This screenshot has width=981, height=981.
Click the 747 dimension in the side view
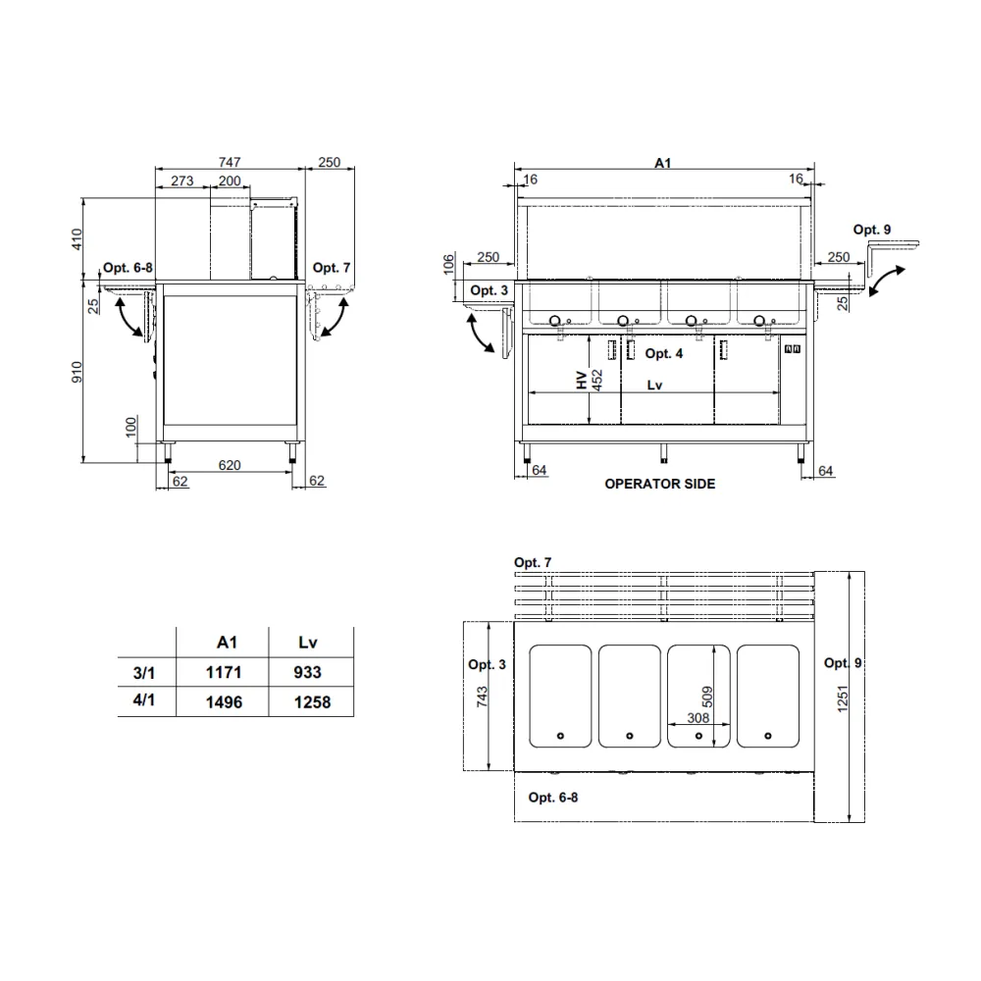coord(230,162)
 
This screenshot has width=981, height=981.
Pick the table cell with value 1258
coord(311,702)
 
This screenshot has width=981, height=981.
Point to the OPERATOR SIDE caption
coord(659,484)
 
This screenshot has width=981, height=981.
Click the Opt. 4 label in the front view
coord(664,354)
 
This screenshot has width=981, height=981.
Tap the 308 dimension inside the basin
coord(698,717)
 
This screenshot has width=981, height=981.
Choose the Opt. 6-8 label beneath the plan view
coord(553,798)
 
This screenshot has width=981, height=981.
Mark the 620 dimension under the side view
coord(229,466)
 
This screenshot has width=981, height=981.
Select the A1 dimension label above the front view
coord(663,164)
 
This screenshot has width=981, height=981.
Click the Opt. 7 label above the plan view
coord(533,562)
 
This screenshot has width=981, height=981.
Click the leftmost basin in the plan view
coord(561,696)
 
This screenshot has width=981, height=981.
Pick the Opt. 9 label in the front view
coord(871,230)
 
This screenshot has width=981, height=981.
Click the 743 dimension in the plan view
coord(481,697)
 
